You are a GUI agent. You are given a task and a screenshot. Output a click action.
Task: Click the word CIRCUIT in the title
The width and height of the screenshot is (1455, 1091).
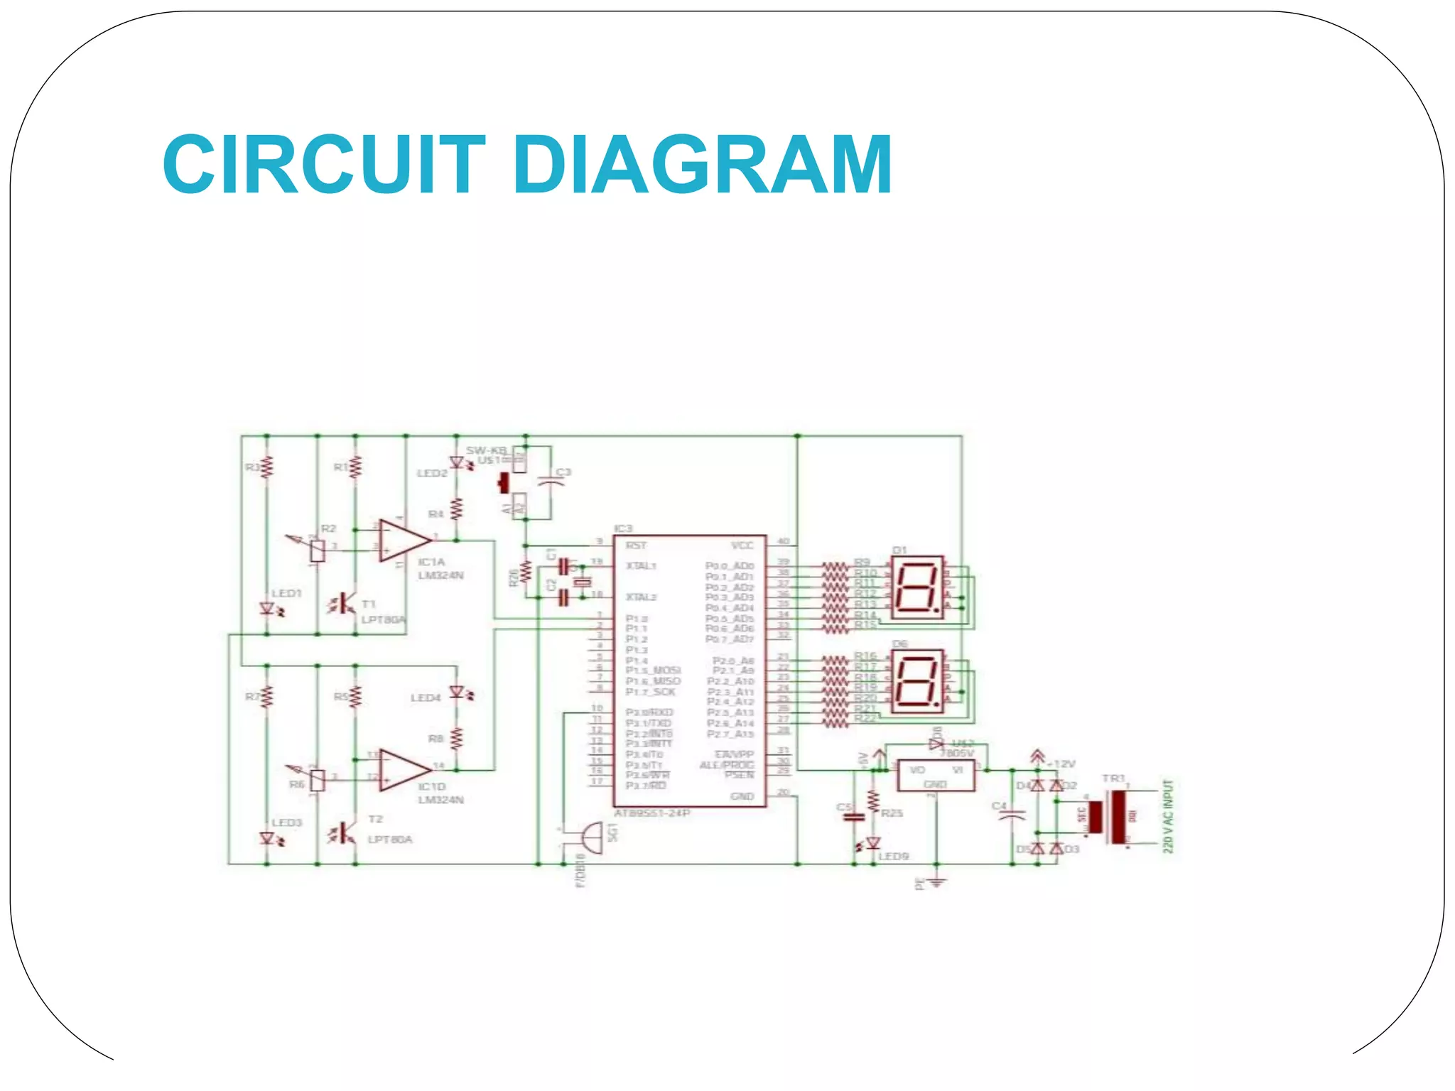tap(323, 165)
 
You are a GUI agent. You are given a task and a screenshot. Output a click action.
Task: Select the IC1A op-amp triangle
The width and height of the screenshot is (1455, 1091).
tap(402, 540)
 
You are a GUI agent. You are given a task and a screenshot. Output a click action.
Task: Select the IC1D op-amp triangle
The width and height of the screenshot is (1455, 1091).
tap(402, 770)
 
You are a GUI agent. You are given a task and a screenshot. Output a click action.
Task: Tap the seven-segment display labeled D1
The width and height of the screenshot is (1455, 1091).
tap(917, 587)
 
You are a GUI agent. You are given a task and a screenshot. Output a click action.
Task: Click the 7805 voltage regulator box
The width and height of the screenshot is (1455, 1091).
tap(936, 776)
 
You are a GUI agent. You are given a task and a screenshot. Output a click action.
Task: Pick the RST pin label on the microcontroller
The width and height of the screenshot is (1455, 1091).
tap(636, 545)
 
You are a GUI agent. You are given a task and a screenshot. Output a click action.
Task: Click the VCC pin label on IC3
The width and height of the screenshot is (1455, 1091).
tap(742, 545)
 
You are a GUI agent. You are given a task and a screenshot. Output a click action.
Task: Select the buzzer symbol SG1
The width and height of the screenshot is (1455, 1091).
tap(590, 837)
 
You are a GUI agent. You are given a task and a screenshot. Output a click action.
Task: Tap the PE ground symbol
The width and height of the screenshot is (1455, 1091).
tap(937, 882)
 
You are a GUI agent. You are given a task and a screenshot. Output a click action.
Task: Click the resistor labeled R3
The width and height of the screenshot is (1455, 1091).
tap(267, 467)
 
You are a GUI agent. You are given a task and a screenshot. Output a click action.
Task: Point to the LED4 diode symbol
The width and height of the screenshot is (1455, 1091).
tap(458, 691)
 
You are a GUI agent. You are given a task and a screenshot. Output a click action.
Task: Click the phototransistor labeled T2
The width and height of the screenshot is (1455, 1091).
tap(347, 832)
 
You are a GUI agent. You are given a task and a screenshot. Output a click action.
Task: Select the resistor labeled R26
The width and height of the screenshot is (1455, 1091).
tap(526, 572)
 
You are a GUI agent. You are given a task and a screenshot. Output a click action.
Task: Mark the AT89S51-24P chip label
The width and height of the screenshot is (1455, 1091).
tap(652, 813)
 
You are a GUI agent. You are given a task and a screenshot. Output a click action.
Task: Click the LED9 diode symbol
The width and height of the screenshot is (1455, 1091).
tap(873, 842)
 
